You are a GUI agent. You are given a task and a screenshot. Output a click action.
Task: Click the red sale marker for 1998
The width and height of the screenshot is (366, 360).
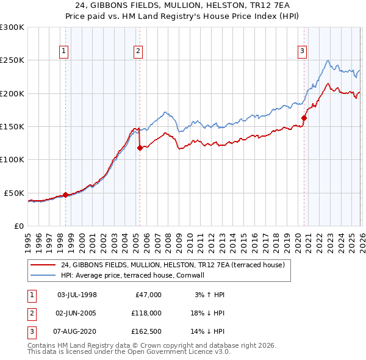pos(65,195)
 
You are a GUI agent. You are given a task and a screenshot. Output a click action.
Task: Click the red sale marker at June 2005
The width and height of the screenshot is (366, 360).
pos(140,148)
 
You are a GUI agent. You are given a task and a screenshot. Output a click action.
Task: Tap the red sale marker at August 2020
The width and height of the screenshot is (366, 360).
pos(303,118)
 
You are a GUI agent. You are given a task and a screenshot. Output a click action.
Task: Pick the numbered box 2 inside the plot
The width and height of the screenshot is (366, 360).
pos(139,52)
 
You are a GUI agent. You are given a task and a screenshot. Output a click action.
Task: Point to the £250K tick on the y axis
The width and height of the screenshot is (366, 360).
pos(12,60)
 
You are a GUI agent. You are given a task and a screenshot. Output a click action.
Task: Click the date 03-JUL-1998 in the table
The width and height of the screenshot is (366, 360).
pos(77,295)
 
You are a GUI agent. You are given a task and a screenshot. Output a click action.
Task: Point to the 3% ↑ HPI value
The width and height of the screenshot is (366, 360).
pos(209,295)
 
